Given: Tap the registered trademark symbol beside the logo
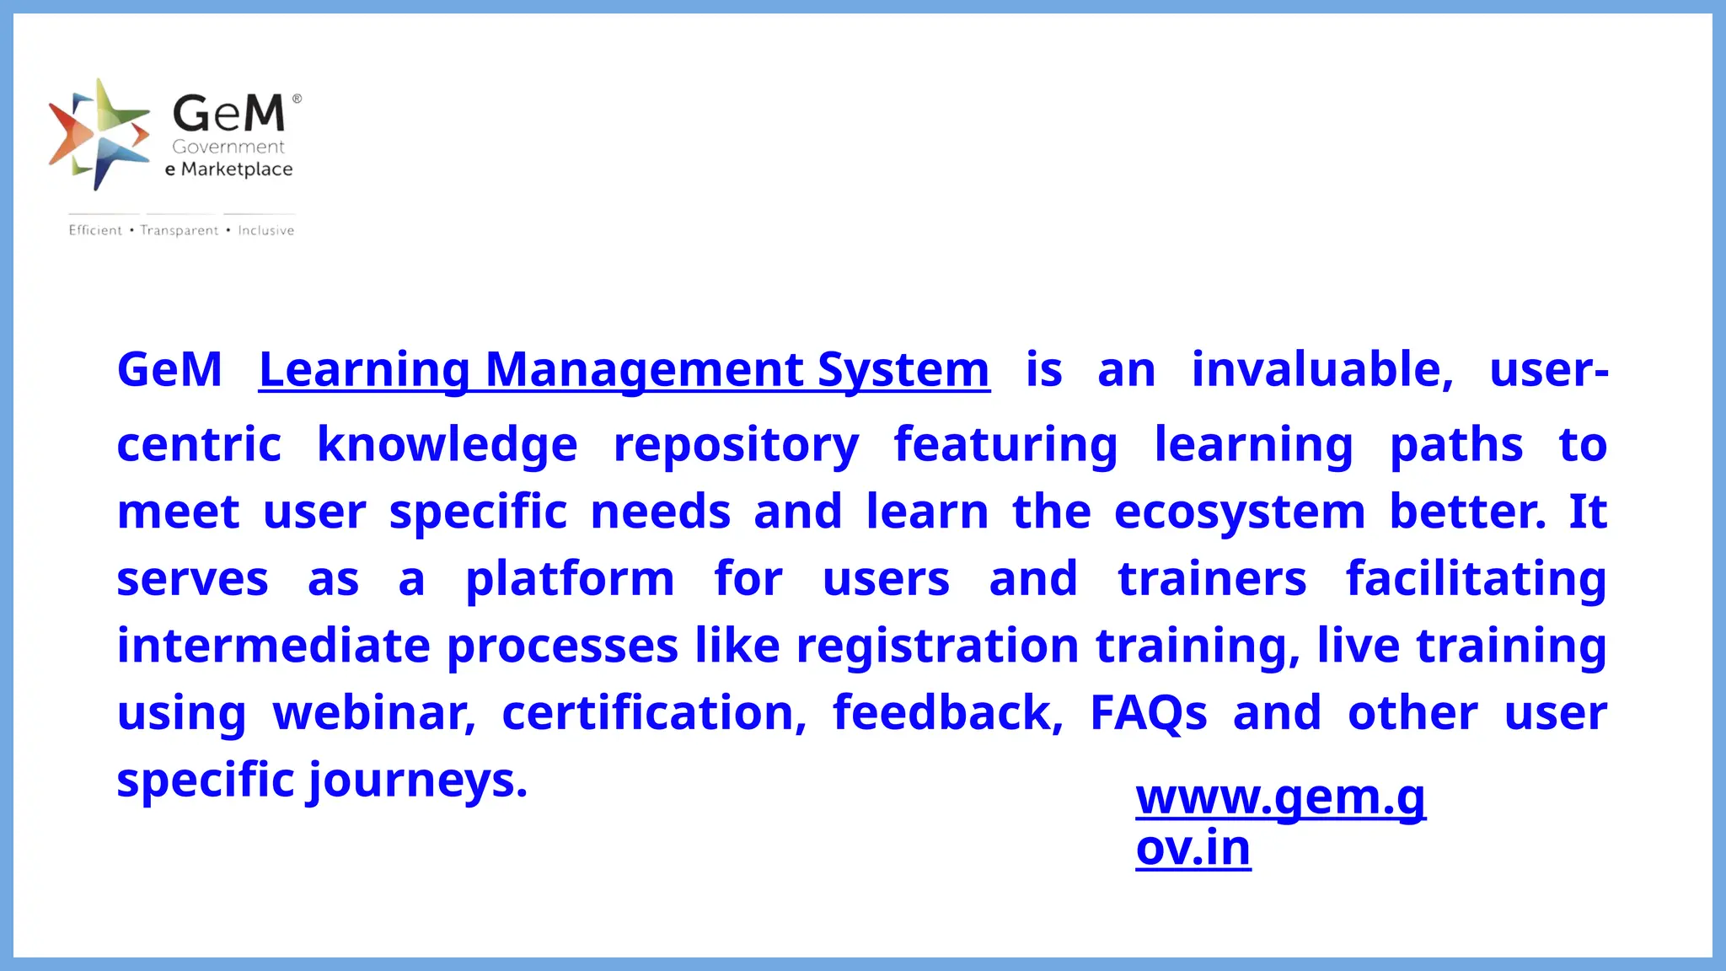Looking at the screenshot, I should click(x=297, y=99).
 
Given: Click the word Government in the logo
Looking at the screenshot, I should click(x=228, y=147).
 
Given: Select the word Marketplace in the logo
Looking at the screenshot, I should click(x=237, y=169).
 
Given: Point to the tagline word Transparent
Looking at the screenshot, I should click(x=180, y=230).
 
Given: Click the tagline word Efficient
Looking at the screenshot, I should click(x=95, y=230).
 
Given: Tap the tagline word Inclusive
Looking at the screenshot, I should click(x=265, y=230).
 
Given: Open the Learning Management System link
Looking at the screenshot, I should click(x=624, y=370).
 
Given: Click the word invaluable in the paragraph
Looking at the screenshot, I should click(x=1321, y=370).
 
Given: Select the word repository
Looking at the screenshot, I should click(x=736, y=445).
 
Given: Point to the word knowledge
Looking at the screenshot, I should click(x=447, y=445).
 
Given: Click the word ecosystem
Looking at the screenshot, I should click(x=1239, y=512).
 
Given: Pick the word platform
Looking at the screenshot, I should click(x=570, y=579).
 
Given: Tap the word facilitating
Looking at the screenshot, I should click(x=1476, y=579).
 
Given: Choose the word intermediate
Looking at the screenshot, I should click(x=273, y=646).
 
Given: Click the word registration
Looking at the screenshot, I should click(x=937, y=646).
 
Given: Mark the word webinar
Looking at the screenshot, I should click(x=373, y=713).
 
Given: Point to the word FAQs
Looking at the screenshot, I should click(x=1148, y=713).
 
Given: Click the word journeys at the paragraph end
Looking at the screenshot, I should click(x=417, y=781).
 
